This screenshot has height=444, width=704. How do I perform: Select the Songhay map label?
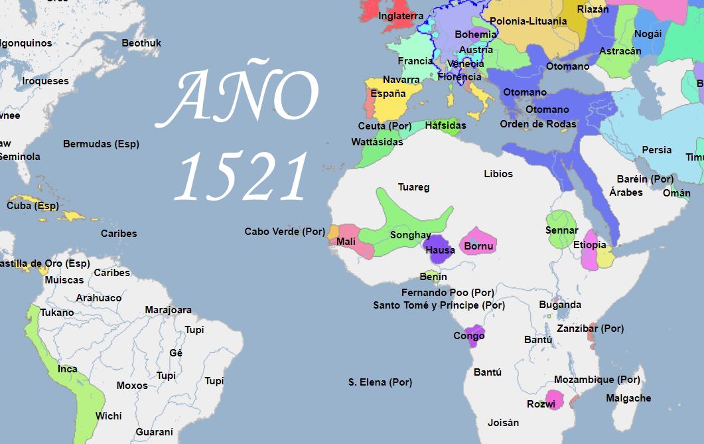410,235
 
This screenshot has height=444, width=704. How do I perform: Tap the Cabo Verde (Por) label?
285,232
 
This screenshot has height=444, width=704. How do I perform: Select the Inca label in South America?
67,369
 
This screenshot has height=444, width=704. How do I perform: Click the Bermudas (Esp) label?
101,144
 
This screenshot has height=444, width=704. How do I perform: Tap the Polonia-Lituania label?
528,21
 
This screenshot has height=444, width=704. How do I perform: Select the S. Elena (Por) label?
380,382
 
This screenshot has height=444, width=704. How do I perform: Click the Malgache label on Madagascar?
628,398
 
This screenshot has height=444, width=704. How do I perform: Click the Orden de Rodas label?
538,124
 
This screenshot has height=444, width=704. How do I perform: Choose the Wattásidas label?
377,142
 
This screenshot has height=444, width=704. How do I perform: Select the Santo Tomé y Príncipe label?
439,305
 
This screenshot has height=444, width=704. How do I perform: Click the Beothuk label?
141,43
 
